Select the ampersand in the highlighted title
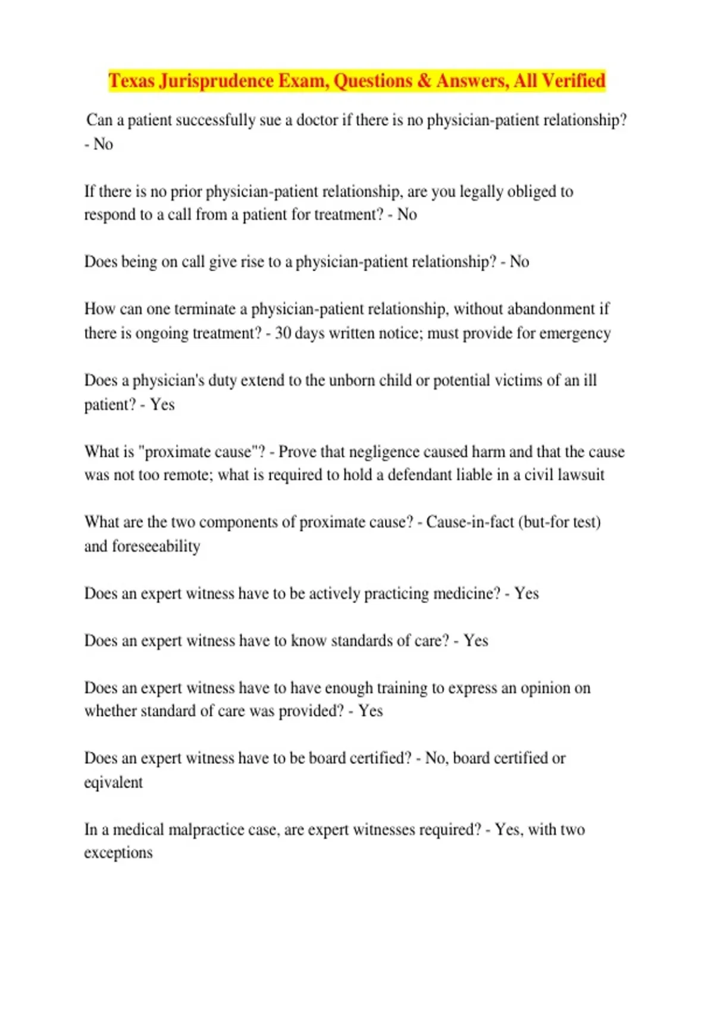424,80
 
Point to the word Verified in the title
574,80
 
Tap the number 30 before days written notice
283,333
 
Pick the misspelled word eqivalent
114,783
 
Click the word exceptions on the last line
118,853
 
